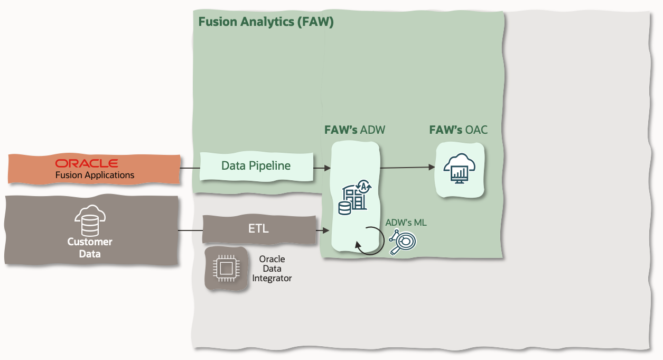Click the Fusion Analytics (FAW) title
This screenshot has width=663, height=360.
pos(266,22)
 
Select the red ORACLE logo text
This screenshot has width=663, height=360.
pos(87,163)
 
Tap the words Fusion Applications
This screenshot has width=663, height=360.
pos(95,175)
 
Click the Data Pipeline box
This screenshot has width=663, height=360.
pos(256,165)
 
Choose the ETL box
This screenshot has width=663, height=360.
pos(258,229)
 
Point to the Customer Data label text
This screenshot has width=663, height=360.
pos(90,247)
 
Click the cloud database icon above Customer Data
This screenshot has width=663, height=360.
pos(90,221)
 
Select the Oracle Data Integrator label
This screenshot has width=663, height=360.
pos(272,269)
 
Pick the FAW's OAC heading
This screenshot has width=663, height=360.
pos(458,130)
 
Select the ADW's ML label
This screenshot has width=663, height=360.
pos(406,223)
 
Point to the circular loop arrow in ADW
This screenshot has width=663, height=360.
pos(368,240)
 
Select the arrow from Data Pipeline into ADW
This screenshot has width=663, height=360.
pos(322,168)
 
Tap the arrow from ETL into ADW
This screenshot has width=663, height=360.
pos(323,230)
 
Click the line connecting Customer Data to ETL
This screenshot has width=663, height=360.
pos(190,230)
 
